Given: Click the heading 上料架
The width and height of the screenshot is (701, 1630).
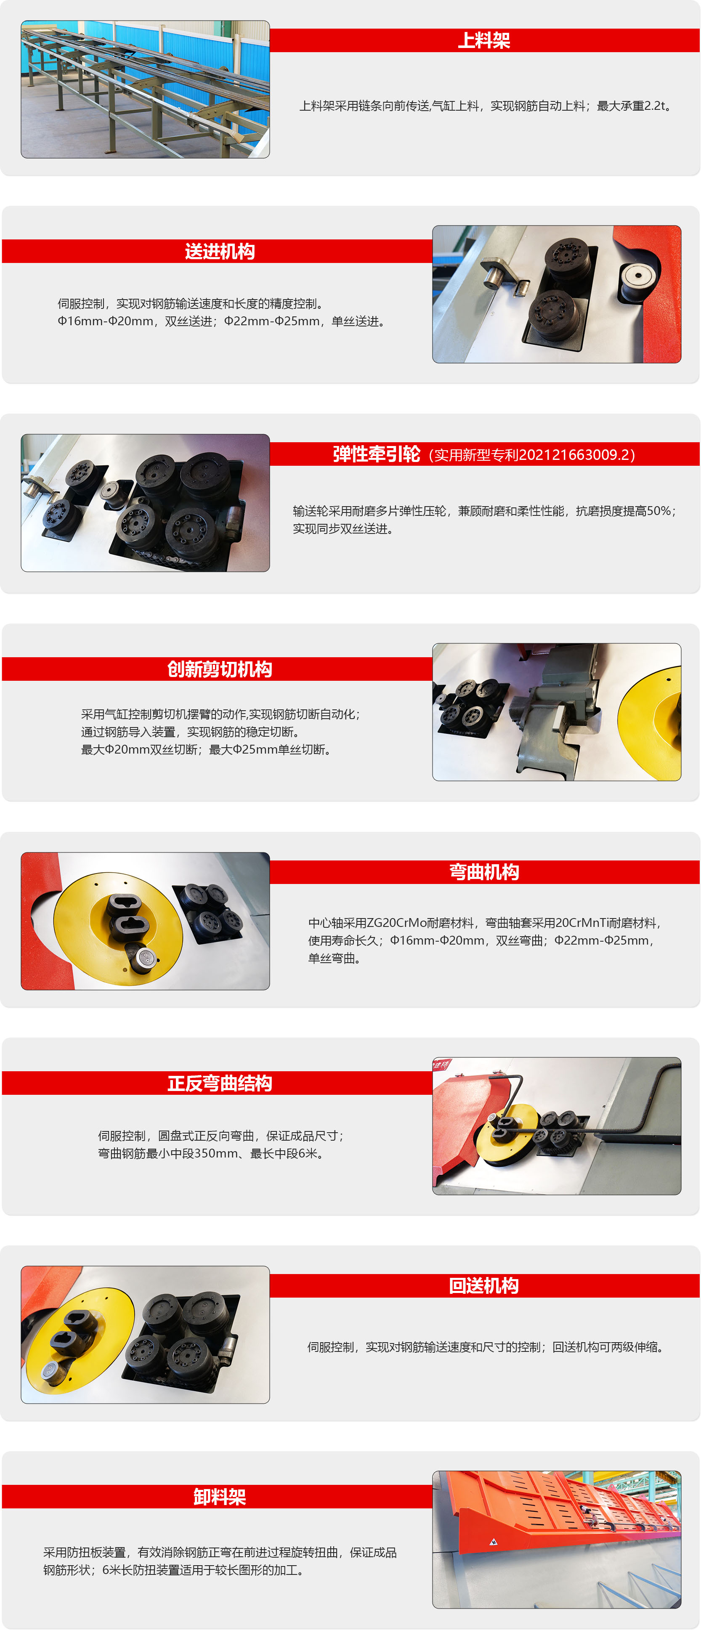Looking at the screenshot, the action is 484,40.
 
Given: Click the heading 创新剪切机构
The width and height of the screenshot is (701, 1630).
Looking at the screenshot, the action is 220,669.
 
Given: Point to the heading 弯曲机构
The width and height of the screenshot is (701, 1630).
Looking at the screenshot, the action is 484,871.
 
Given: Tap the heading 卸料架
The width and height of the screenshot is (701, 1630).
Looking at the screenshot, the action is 220,1497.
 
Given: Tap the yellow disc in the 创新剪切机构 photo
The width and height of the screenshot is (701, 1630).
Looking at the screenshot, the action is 652,721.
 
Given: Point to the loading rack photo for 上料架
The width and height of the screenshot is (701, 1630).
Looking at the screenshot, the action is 146,89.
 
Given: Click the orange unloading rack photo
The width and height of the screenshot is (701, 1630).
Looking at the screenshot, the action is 557,1539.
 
